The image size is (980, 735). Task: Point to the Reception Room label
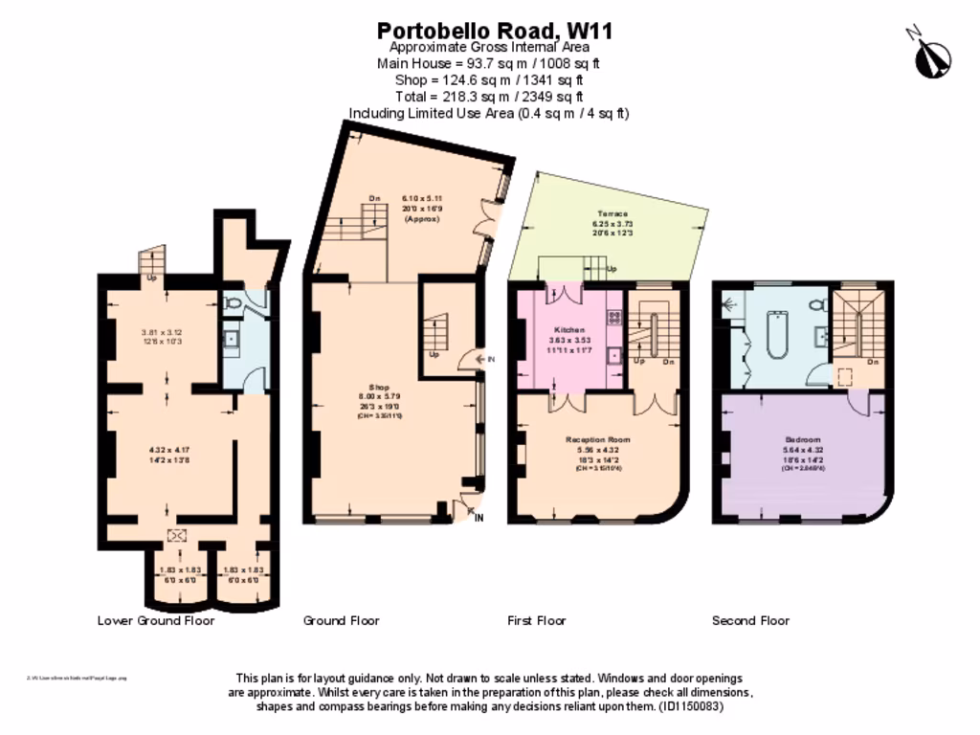click(x=597, y=440)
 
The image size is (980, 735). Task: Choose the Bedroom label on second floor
click(x=802, y=440)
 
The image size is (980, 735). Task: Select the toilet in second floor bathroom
click(x=816, y=305)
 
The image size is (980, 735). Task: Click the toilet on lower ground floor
click(x=233, y=303)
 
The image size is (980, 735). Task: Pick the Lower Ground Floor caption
click(x=156, y=620)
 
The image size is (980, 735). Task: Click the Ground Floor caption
click(x=342, y=620)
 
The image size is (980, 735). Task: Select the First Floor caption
click(x=537, y=620)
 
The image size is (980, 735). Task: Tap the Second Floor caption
click(x=750, y=620)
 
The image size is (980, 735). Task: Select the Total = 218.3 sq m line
click(x=489, y=97)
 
